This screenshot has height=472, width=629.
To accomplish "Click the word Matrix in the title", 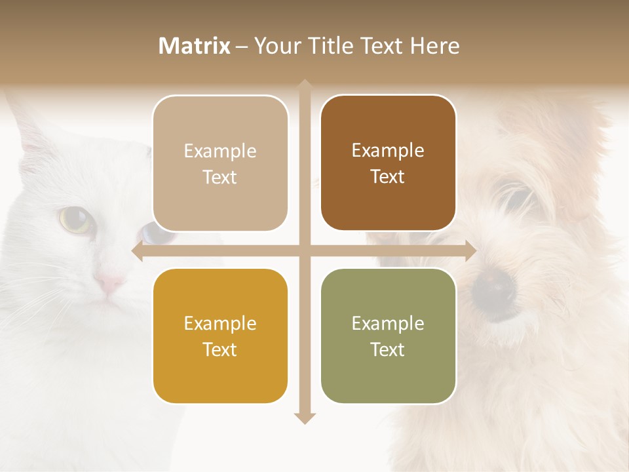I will [x=195, y=46].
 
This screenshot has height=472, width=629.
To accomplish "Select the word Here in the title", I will [x=435, y=46].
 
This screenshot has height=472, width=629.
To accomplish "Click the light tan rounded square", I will [x=220, y=164].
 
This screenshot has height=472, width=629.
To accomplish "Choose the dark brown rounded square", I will [x=388, y=163].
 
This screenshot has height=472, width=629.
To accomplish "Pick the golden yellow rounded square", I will [x=220, y=336].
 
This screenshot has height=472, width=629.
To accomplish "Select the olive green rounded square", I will [x=388, y=336].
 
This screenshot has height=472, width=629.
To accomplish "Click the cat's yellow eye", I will [x=75, y=220].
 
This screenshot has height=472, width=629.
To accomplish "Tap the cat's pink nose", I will [x=109, y=283].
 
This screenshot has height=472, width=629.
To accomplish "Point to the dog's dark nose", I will [x=493, y=285].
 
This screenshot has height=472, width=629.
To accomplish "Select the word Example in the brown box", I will [x=388, y=150].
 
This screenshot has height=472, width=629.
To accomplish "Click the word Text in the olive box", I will [x=388, y=349].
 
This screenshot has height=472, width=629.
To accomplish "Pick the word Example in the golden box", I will [x=220, y=323].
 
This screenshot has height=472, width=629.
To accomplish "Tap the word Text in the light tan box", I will [x=220, y=177].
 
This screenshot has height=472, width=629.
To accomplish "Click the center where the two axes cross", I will [x=305, y=250].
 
